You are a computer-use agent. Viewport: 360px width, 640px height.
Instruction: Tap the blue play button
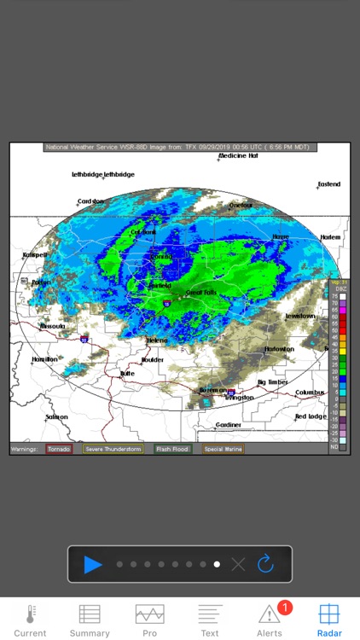[93, 564]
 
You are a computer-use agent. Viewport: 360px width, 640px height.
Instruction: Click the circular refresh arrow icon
[265, 564]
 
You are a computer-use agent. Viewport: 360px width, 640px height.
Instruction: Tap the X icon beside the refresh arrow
[239, 564]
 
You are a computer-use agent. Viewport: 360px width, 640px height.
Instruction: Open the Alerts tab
[270, 620]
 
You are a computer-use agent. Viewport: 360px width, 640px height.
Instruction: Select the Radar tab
[329, 620]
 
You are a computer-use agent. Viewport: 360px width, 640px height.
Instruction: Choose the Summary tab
[90, 620]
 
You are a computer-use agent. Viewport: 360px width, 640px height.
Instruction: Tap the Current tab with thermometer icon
[30, 620]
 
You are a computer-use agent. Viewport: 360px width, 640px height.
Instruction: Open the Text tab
[210, 620]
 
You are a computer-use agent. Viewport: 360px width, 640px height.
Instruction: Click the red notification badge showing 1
[285, 608]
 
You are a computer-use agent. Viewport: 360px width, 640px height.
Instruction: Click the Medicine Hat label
[238, 156]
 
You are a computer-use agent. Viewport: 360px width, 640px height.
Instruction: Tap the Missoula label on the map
[53, 325]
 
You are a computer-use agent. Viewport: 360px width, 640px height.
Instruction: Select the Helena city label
[157, 340]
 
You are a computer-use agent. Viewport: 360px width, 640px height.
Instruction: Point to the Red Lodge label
[311, 416]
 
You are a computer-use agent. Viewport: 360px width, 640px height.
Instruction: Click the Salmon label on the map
[57, 416]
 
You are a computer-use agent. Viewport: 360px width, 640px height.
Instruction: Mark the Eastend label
[328, 184]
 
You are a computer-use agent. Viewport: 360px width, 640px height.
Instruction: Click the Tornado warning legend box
[60, 448]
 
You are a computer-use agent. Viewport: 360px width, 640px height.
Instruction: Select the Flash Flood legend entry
[172, 448]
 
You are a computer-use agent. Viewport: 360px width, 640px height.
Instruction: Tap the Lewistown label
[300, 316]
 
